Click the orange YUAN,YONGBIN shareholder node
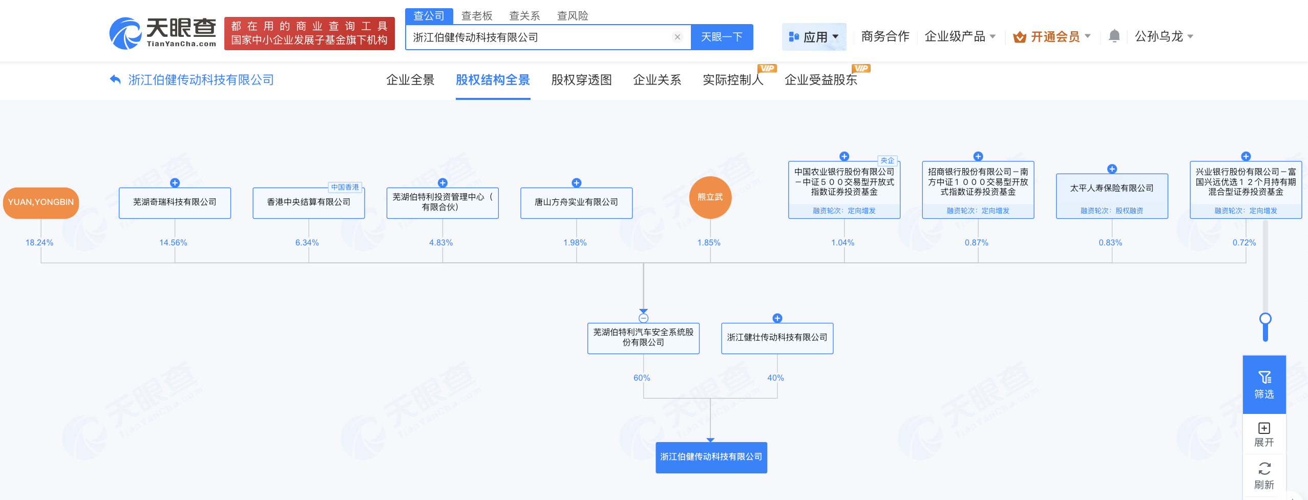tap(41, 202)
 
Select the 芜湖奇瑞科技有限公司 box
tap(175, 203)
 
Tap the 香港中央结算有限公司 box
tap(309, 203)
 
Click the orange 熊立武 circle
tap(710, 197)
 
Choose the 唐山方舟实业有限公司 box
tap(577, 203)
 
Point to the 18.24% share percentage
tap(39, 242)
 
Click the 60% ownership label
tap(642, 378)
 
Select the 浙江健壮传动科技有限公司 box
tap(777, 338)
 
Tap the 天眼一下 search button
tap(722, 37)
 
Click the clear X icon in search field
tap(678, 37)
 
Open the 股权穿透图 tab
tap(582, 80)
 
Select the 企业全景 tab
tap(410, 80)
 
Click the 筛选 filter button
tap(1264, 385)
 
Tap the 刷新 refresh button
tap(1264, 476)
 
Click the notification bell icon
tap(1114, 36)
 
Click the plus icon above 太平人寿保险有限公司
tap(1112, 169)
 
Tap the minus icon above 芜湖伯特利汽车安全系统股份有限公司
tap(644, 318)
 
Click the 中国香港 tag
tap(345, 187)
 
